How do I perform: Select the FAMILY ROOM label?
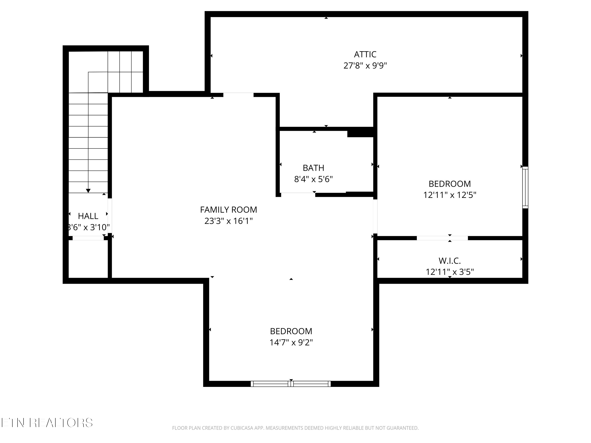(229, 210)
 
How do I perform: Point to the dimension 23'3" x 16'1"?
(229, 221)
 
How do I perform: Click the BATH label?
(313, 168)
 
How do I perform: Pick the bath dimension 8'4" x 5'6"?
(313, 179)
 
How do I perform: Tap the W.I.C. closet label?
(450, 261)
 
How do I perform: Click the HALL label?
(88, 216)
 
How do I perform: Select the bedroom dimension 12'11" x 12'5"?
(450, 195)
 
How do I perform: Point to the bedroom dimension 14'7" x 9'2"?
(291, 343)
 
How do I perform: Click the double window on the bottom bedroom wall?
(291, 384)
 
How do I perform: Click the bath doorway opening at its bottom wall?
(298, 194)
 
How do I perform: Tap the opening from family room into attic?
(238, 95)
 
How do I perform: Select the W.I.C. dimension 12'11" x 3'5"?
(450, 272)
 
